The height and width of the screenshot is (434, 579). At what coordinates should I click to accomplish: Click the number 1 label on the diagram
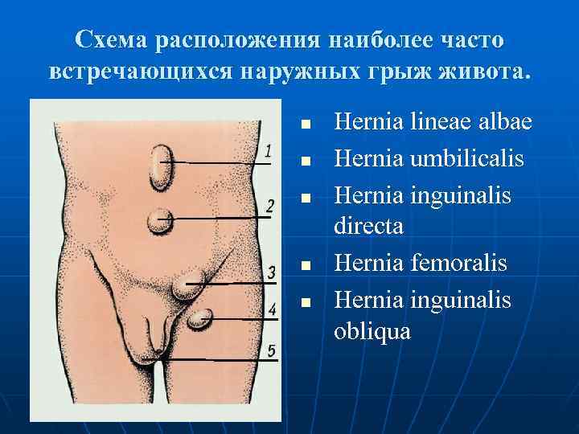click(x=269, y=150)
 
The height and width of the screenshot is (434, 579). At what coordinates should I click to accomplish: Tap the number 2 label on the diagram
click(x=270, y=206)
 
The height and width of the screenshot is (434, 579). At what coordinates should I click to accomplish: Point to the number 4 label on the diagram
click(x=273, y=309)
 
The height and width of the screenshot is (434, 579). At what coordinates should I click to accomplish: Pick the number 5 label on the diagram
click(x=272, y=350)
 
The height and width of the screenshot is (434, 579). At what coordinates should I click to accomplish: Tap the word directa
click(x=368, y=227)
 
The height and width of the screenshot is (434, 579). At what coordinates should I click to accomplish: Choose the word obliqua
click(x=372, y=330)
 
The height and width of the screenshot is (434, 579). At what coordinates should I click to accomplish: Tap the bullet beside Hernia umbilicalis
click(x=306, y=161)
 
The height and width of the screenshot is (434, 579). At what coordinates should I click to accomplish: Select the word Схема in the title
click(x=113, y=39)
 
